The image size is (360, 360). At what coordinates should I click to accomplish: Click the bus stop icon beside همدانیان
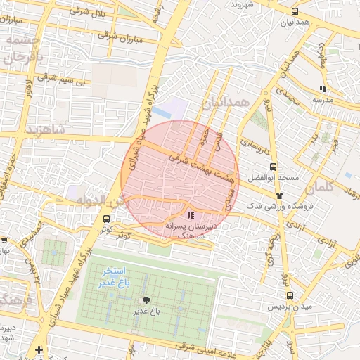point(294,12)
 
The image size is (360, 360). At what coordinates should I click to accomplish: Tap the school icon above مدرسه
point(322,89)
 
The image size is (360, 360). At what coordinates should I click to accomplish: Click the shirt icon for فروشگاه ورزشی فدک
point(280,195)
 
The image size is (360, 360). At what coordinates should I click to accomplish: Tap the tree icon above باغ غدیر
point(146,300)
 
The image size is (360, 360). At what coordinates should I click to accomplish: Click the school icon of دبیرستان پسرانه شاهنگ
point(191,216)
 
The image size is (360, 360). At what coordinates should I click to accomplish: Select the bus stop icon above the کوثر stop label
point(106,219)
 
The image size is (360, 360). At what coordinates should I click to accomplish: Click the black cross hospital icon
point(39,349)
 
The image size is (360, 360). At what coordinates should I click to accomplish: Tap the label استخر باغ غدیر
point(112,276)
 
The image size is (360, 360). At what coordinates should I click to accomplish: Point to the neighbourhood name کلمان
point(323,187)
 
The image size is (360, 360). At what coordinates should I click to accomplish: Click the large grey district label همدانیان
point(226,103)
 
